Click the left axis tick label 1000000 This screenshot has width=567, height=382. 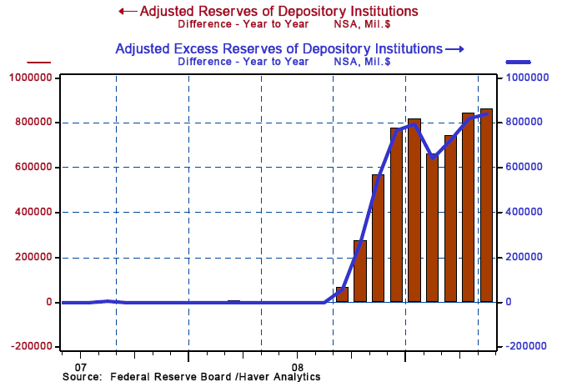click(33, 78)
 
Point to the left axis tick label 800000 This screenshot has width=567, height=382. click(36, 123)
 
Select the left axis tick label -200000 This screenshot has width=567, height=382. click(33, 346)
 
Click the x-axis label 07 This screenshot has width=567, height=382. click(81, 366)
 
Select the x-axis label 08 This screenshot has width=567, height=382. click(298, 366)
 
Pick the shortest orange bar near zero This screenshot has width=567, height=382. click(342, 294)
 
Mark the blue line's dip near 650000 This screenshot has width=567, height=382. click(432, 157)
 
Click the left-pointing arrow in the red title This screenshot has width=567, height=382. click(128, 12)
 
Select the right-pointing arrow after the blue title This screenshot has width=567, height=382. click(454, 49)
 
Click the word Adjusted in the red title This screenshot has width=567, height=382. click(171, 12)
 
